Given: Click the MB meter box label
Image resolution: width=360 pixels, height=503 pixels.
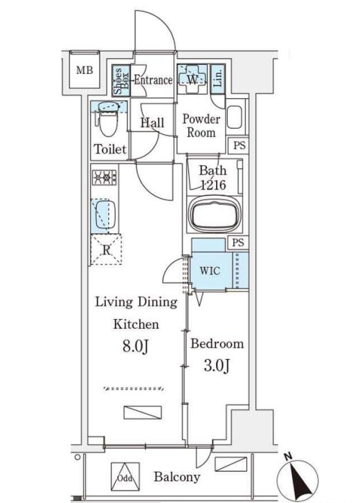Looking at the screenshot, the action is click(84, 70).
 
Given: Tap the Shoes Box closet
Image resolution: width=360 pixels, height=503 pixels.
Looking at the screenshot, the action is click(121, 80).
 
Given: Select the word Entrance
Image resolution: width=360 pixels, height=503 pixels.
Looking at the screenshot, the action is click(153, 80).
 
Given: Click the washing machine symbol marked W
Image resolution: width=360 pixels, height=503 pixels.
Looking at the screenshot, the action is click(192, 79).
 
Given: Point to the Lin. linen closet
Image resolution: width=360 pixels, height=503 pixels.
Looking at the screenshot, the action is click(218, 79).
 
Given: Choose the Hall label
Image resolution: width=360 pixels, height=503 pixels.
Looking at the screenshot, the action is click(152, 122).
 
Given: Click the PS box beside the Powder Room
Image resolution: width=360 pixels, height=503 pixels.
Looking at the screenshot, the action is click(239, 145).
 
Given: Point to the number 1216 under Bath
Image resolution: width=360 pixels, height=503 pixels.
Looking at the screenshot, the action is click(213, 184).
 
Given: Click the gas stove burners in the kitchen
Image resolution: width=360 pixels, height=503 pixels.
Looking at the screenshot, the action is click(105, 177).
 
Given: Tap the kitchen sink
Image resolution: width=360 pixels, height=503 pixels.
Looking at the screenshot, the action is click(103, 215).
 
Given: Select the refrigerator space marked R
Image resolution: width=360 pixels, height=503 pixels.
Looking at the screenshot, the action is click(106, 250).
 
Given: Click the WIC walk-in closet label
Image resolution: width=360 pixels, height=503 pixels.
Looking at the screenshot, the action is click(210, 271).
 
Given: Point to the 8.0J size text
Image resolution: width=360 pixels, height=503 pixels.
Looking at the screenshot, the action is click(136, 346).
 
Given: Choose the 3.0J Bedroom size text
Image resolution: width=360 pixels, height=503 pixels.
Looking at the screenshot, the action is click(217, 365).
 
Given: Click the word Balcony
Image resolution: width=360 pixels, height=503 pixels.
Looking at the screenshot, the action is click(177, 477).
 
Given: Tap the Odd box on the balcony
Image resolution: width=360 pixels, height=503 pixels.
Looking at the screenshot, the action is click(125, 477).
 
